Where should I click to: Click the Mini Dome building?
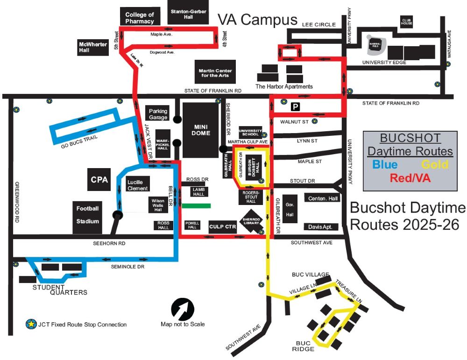pos(202,130)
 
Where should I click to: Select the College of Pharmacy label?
pos(140,18)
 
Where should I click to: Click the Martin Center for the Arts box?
pos(215,73)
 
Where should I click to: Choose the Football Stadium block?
pos(88,215)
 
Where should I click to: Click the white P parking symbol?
pos(295,107)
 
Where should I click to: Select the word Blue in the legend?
pos(385,164)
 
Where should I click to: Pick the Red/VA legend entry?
pos(410,178)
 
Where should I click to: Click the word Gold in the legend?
pos(435,164)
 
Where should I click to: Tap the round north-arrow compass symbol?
pos(183,309)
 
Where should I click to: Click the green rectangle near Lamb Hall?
pos(196,205)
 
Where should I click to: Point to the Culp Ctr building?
pos(222,227)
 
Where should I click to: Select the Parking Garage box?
pos(158,114)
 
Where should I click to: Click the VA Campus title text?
pos(258,20)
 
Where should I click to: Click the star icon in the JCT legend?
pos(31,324)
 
